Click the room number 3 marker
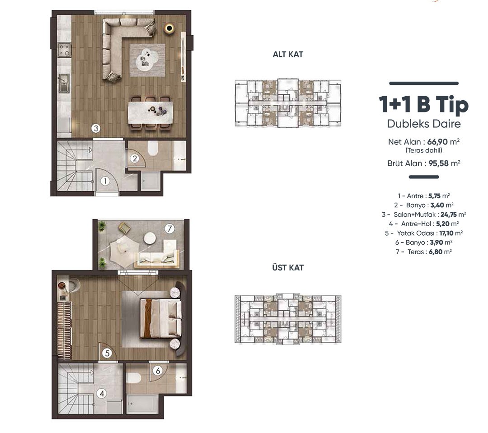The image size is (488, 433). (96, 128)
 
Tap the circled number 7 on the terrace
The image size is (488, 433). (169, 228)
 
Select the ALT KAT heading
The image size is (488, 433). (288, 54)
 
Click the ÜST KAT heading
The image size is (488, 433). (288, 267)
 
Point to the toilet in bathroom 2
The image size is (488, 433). (153, 149)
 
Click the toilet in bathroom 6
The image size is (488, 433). (134, 377)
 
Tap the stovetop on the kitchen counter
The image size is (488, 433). (65, 50)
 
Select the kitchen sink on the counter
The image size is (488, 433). (64, 84)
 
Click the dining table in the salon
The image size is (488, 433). (150, 112)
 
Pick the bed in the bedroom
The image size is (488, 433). (161, 318)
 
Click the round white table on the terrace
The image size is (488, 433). (150, 238)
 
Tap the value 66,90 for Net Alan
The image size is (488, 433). (437, 142)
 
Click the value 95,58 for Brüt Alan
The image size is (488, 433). (439, 163)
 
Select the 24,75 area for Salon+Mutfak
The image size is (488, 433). (449, 214)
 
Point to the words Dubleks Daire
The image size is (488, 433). (423, 124)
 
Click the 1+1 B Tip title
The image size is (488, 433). (423, 104)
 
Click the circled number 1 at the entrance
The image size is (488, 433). (105, 181)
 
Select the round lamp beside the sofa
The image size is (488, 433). (169, 28)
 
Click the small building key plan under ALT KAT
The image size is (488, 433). (288, 103)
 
